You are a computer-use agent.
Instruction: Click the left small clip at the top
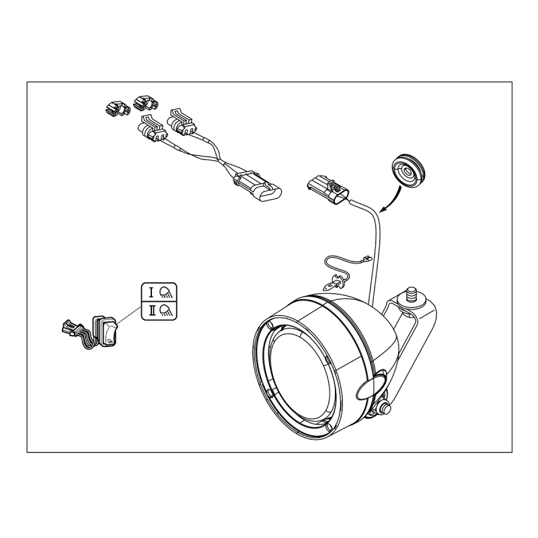(117, 108)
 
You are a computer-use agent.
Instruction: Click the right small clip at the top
(147, 103)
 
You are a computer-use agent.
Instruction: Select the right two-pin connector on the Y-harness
(181, 122)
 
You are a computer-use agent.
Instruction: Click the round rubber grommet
(408, 171)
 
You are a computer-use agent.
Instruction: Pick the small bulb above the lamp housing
(334, 282)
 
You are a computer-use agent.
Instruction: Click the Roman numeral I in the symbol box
(151, 293)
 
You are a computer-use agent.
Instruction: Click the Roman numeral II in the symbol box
(152, 311)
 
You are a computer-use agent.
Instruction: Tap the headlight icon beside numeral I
(167, 293)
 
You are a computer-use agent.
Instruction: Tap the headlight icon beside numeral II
(167, 311)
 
